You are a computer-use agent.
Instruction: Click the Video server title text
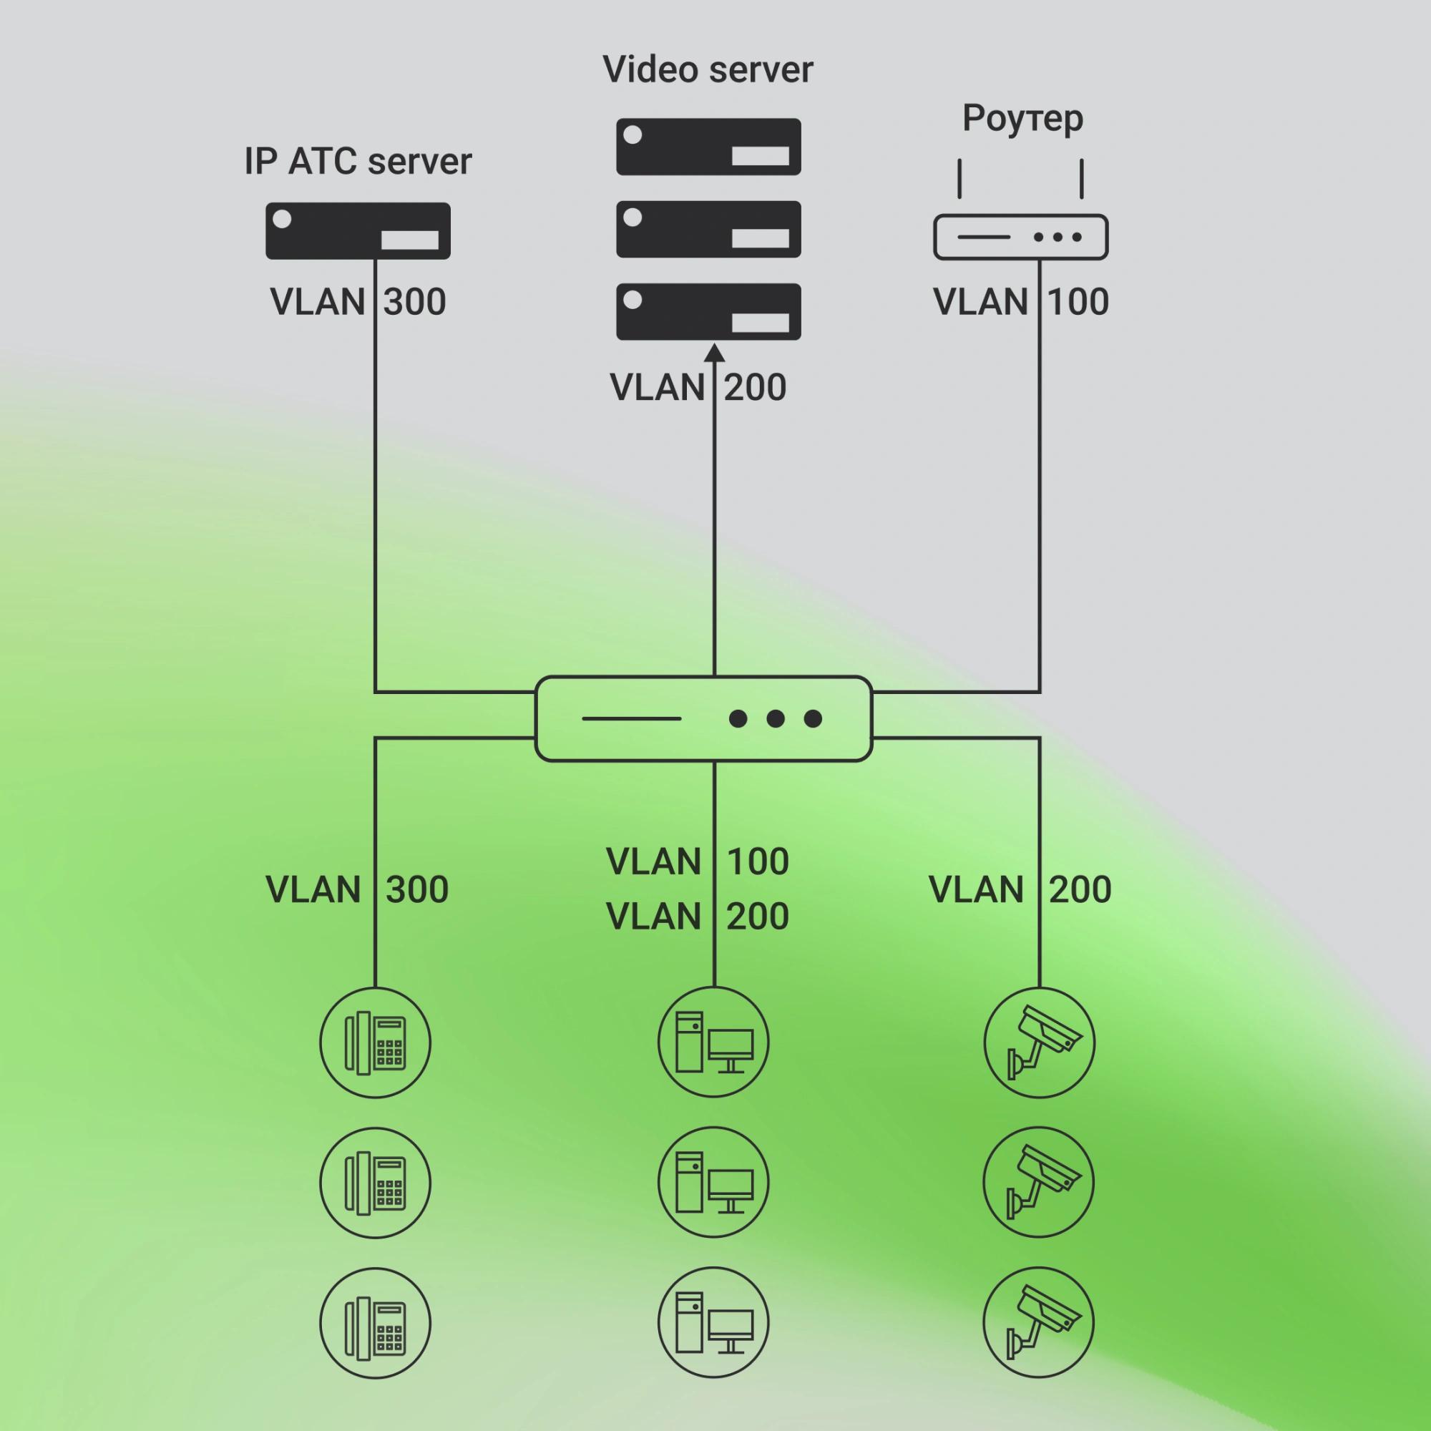click(x=708, y=69)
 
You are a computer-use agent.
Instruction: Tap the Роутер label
click(x=1022, y=119)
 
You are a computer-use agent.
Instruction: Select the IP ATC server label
click(x=358, y=162)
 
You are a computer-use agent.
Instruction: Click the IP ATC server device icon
click(x=358, y=231)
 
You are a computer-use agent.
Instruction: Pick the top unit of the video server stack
click(x=708, y=147)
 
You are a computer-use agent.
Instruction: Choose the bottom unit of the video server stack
click(x=708, y=312)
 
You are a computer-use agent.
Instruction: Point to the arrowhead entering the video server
click(x=714, y=352)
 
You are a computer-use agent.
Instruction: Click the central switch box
click(x=703, y=718)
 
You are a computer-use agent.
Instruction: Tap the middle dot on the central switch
click(x=776, y=718)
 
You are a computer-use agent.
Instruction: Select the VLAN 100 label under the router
click(x=1021, y=302)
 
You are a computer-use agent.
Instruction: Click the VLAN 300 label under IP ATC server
click(x=358, y=302)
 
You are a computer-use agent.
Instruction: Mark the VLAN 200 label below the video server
click(x=698, y=387)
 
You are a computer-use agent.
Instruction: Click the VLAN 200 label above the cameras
click(x=1020, y=889)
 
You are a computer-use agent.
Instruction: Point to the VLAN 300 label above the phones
click(x=357, y=889)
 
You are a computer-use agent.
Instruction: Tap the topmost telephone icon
click(x=376, y=1043)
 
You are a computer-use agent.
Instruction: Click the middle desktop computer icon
click(x=713, y=1183)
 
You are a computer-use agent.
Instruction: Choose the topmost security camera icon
click(x=1038, y=1043)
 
